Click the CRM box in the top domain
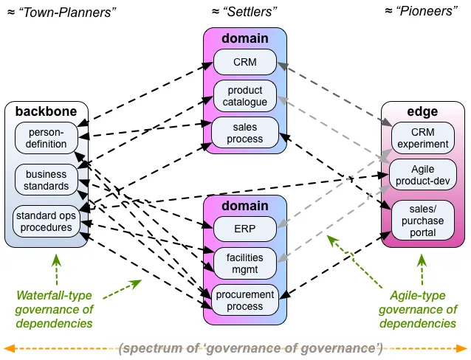(245, 62)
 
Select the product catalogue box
(245, 96)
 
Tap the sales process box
(245, 133)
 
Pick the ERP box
(245, 229)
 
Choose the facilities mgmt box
(245, 263)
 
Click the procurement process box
(245, 300)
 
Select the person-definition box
(47, 138)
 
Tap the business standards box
(47, 180)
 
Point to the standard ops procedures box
(47, 221)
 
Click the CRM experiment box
(422, 138)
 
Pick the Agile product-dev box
(422, 175)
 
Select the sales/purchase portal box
(422, 221)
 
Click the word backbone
(47, 111)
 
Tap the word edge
(422, 112)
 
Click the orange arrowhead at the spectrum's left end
(9, 349)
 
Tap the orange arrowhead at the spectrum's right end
(462, 349)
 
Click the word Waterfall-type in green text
(54, 296)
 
